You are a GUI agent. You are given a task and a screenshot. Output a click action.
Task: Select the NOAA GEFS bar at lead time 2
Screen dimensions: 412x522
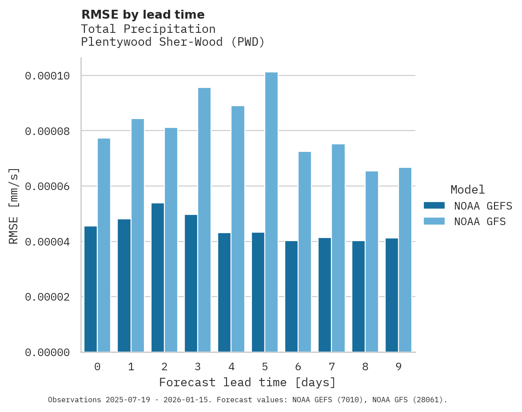click(x=158, y=277)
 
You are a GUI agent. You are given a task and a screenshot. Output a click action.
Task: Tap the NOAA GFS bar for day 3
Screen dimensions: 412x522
click(x=204, y=220)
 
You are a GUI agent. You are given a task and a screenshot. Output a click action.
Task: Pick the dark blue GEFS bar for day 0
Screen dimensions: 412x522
click(x=91, y=289)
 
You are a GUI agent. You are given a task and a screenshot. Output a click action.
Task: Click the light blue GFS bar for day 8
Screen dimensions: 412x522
click(x=372, y=261)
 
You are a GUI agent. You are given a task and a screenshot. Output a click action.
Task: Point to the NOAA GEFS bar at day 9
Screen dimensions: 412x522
click(x=392, y=295)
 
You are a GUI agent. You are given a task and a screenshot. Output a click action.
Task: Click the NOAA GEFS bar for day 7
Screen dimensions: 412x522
click(x=325, y=295)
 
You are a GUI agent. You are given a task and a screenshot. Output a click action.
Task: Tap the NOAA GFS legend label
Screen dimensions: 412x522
click(x=480, y=221)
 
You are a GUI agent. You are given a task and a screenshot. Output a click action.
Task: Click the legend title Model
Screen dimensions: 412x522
click(x=467, y=190)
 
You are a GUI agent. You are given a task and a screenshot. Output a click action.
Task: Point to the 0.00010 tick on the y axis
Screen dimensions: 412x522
click(x=48, y=76)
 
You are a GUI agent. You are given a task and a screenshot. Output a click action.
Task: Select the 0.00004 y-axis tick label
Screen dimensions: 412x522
click(x=48, y=242)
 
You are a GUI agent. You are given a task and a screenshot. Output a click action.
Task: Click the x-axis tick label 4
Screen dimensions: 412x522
click(x=231, y=367)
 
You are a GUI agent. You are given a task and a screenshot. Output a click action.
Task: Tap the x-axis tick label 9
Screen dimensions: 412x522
click(x=398, y=367)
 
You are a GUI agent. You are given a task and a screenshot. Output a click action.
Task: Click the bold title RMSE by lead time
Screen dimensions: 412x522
click(x=143, y=15)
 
